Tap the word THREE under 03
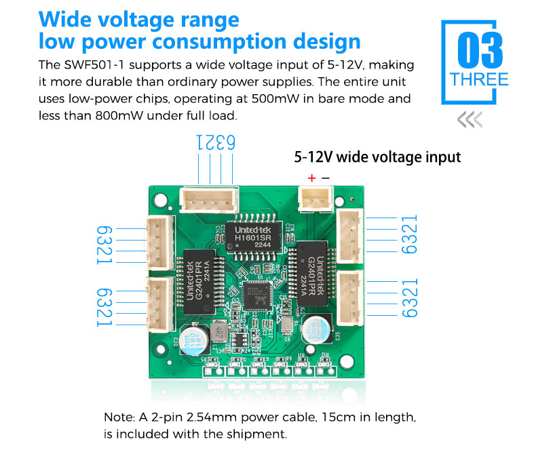480,80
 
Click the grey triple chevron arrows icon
470,121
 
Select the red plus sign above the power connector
311,178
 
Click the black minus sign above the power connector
326,178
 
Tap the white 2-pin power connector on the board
313,200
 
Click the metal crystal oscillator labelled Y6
287,329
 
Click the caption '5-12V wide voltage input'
377,157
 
